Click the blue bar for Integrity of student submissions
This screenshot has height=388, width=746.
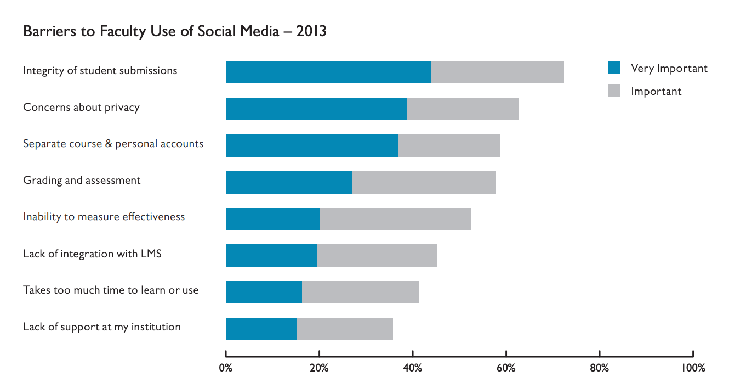pyautogui.click(x=328, y=72)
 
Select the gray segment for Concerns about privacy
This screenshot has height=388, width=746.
pyautogui.click(x=463, y=109)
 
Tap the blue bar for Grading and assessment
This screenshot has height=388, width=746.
pyautogui.click(x=289, y=183)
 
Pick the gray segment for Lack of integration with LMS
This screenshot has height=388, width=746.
pyautogui.click(x=377, y=256)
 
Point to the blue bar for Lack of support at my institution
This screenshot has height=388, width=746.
pyautogui.click(x=261, y=329)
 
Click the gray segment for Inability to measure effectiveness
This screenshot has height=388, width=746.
pyautogui.click(x=395, y=220)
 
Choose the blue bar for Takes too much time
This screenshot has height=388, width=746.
pyautogui.click(x=264, y=293)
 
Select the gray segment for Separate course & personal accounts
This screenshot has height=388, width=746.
pyautogui.click(x=449, y=146)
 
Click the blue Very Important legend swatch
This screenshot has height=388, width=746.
pyautogui.click(x=614, y=68)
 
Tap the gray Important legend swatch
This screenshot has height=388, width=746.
pyautogui.click(x=614, y=91)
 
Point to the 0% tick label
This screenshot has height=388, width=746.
pyautogui.click(x=226, y=368)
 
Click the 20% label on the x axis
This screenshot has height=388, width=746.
pyautogui.click(x=319, y=368)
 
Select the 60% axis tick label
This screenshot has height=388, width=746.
pyautogui.click(x=506, y=368)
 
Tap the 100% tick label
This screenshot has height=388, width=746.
pyautogui.click(x=693, y=368)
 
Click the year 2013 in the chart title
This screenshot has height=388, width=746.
pyautogui.click(x=311, y=31)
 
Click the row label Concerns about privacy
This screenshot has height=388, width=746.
pyautogui.click(x=81, y=107)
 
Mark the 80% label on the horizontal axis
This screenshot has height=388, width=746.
pyautogui.click(x=600, y=368)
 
